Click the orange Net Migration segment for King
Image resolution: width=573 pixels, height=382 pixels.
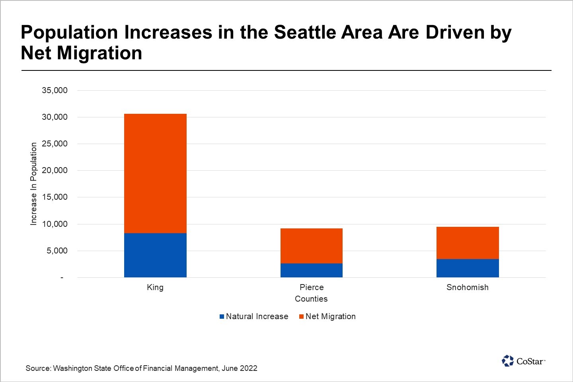pyautogui.click(x=155, y=173)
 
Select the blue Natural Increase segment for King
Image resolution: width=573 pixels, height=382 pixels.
pyautogui.click(x=155, y=255)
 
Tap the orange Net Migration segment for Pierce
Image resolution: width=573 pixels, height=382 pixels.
pyautogui.click(x=311, y=246)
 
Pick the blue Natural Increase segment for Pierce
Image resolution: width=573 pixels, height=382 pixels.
pyautogui.click(x=311, y=270)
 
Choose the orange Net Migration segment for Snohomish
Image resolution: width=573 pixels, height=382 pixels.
pyautogui.click(x=468, y=243)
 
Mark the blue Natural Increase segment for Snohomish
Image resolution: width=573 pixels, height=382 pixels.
pyautogui.click(x=468, y=268)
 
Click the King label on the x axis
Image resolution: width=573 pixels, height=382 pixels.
pyautogui.click(x=155, y=287)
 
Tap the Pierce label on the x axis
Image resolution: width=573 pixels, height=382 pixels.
pyautogui.click(x=312, y=287)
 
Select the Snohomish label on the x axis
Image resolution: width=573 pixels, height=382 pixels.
pyautogui.click(x=467, y=287)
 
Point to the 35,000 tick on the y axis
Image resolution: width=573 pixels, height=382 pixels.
pyautogui.click(x=55, y=90)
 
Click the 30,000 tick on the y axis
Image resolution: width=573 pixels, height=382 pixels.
pyautogui.click(x=55, y=117)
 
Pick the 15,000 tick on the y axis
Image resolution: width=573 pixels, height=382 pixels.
pyautogui.click(x=55, y=197)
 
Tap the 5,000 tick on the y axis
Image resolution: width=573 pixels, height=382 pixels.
pyautogui.click(x=57, y=251)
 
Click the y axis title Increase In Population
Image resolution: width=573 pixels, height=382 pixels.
pyautogui.click(x=33, y=184)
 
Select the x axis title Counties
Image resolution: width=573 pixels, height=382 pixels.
pyautogui.click(x=311, y=299)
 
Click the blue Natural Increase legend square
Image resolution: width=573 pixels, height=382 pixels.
pyautogui.click(x=222, y=317)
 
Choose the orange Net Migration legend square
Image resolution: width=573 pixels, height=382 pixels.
pyautogui.click(x=301, y=317)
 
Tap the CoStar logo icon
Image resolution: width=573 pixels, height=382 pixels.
pyautogui.click(x=508, y=361)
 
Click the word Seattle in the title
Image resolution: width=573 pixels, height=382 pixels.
pyautogui.click(x=302, y=32)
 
